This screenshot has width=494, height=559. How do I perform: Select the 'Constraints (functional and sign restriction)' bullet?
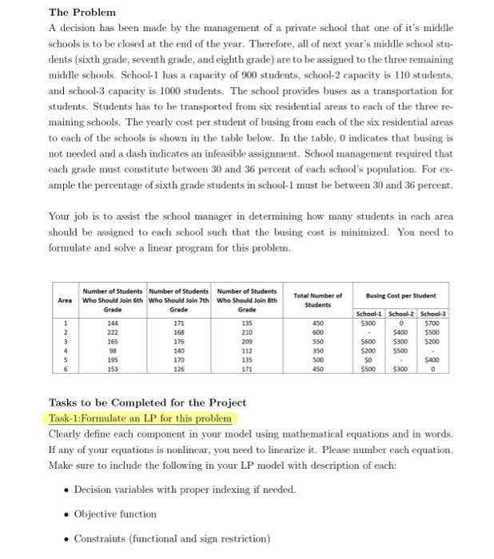pos(172,538)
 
